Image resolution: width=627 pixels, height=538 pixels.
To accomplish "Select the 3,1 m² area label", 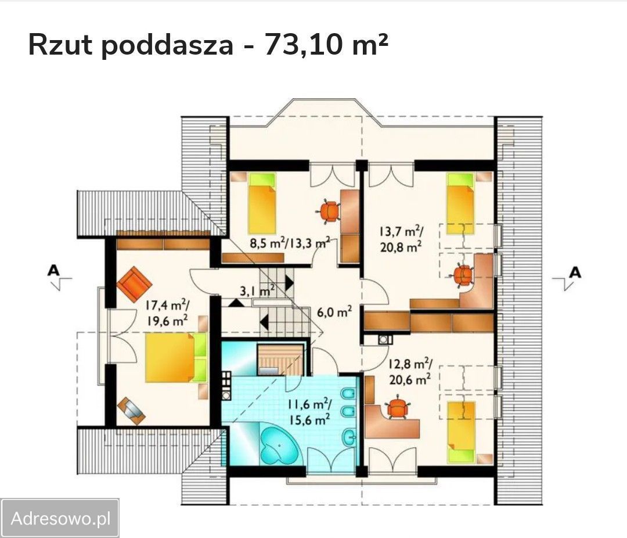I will (257, 291).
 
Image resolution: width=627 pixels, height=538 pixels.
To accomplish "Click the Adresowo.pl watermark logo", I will (60, 518).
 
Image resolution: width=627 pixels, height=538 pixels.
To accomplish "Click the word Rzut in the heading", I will (60, 45).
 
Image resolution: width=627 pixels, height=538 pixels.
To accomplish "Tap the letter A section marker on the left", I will (54, 270).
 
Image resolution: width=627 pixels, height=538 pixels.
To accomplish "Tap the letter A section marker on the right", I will (575, 271).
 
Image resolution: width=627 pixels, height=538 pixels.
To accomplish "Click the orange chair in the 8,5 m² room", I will (330, 210).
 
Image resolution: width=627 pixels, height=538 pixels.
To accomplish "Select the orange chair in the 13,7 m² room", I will (463, 274).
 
